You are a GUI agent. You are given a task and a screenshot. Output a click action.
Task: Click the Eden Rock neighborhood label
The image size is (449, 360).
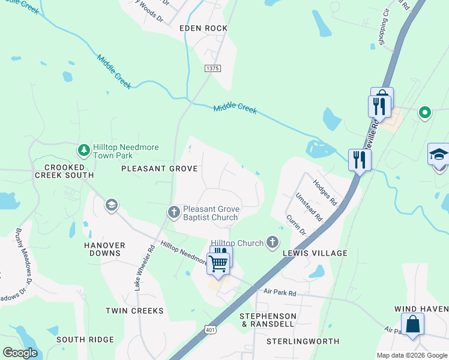(203, 28)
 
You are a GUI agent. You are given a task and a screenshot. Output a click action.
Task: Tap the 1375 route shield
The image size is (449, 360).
(212, 69)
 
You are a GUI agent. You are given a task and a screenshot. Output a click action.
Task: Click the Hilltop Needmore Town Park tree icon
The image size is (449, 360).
(84, 148)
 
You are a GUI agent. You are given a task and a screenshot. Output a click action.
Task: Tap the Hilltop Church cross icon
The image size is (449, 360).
(273, 242)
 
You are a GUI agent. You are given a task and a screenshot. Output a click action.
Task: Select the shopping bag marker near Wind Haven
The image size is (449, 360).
(414, 325)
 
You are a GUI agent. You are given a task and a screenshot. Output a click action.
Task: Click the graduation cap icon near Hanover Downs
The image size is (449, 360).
(110, 206)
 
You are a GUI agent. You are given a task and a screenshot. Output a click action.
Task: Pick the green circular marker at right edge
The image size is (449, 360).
(425, 112)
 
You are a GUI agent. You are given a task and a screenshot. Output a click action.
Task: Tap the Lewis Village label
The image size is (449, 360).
(315, 253)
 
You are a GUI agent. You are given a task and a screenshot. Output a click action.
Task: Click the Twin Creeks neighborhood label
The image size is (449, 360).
(134, 311)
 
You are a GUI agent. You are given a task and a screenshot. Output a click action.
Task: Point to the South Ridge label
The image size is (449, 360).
(85, 340)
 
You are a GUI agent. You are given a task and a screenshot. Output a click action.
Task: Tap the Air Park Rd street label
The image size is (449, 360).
(280, 293)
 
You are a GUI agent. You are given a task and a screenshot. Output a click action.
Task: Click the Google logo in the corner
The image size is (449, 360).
(20, 352)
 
